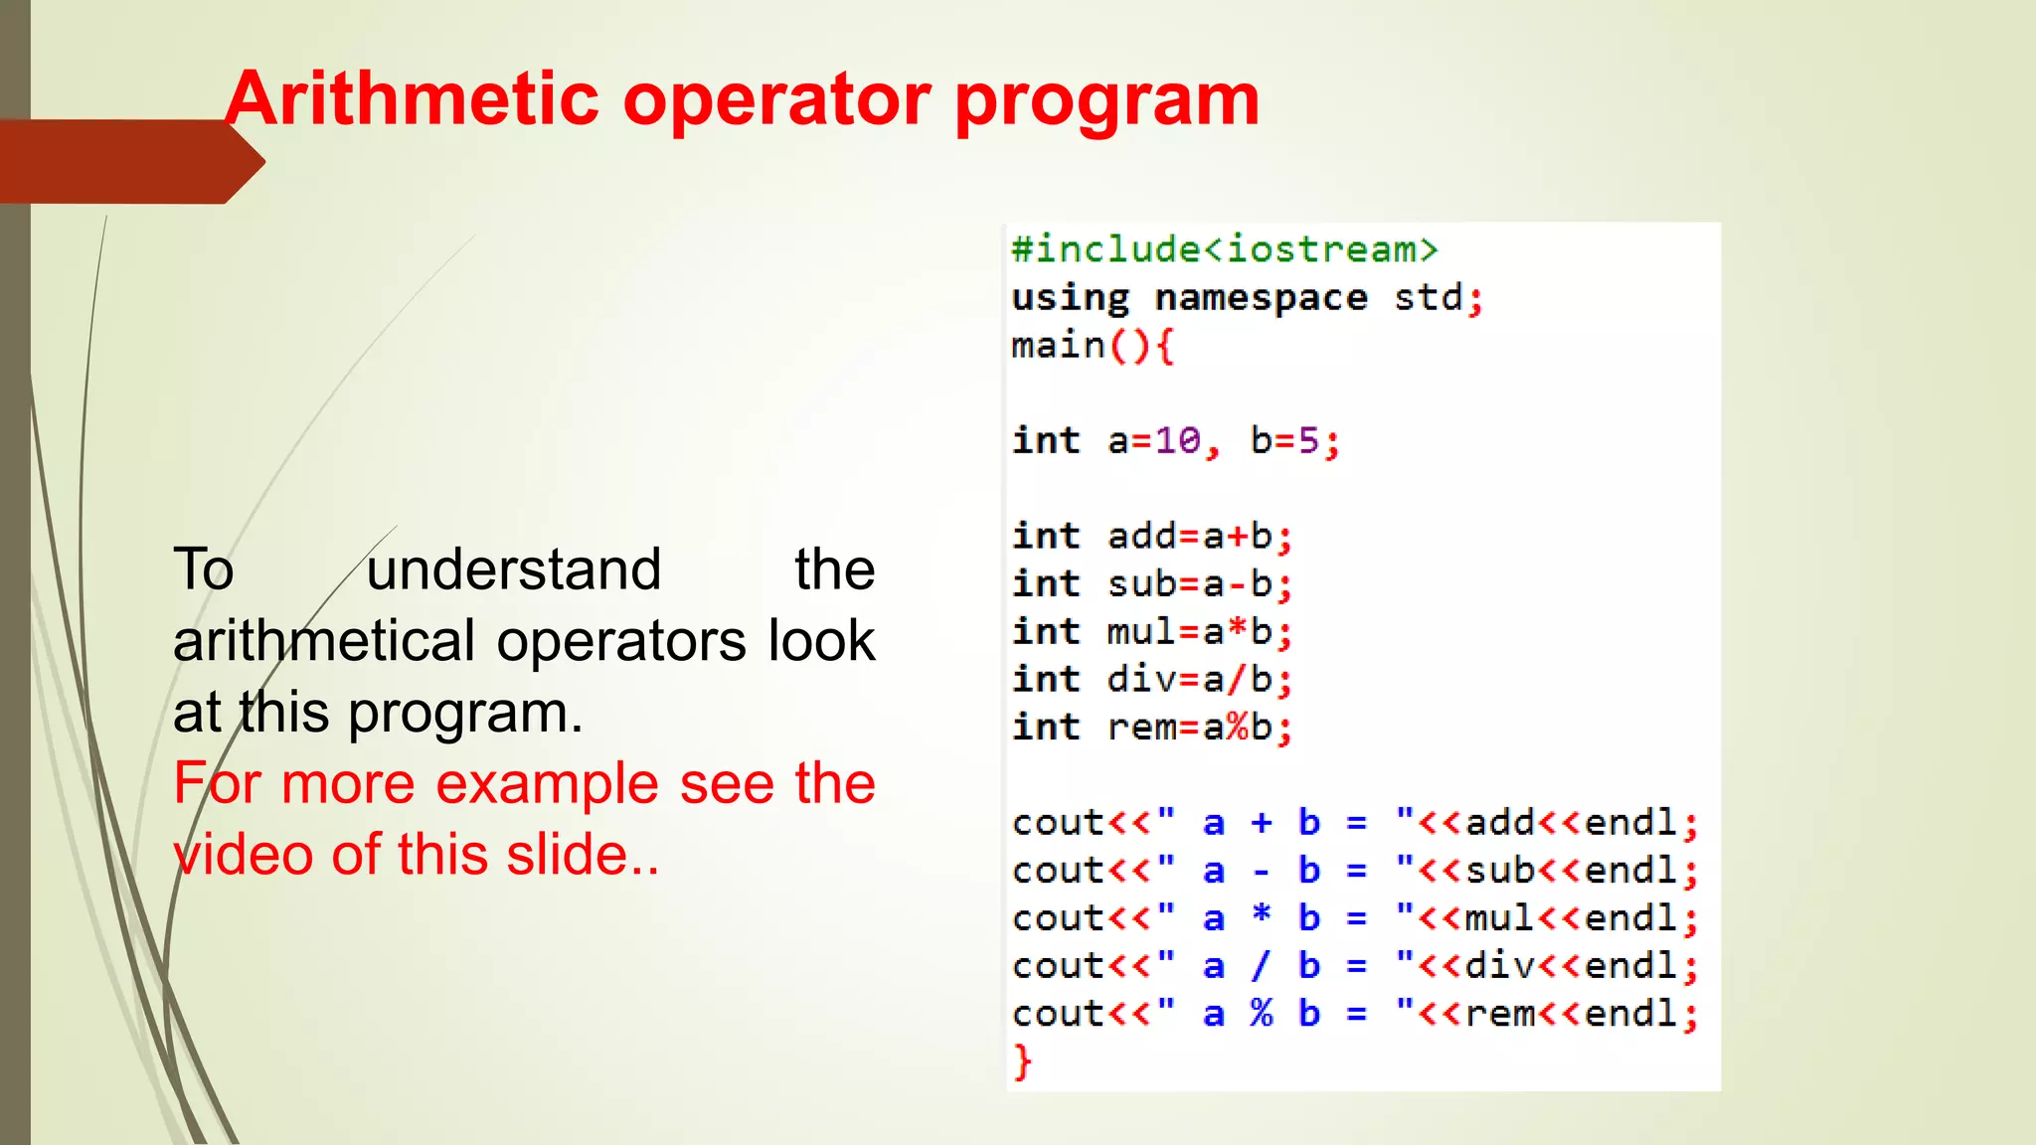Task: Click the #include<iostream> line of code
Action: pos(1224,248)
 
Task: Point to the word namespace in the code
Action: pos(1261,297)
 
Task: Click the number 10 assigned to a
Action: pos(1177,440)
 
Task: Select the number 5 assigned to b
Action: pos(1308,440)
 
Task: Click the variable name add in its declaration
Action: pos(1141,536)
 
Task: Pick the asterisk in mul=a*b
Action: pos(1237,630)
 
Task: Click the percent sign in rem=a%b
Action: pos(1237,727)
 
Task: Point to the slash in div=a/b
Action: pos(1237,679)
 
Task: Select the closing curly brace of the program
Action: pos(1023,1062)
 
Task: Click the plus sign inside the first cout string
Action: pos(1262,822)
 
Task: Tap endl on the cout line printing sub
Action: pos(1630,871)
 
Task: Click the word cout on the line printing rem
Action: pos(1058,1014)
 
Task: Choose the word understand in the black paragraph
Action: pos(513,570)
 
